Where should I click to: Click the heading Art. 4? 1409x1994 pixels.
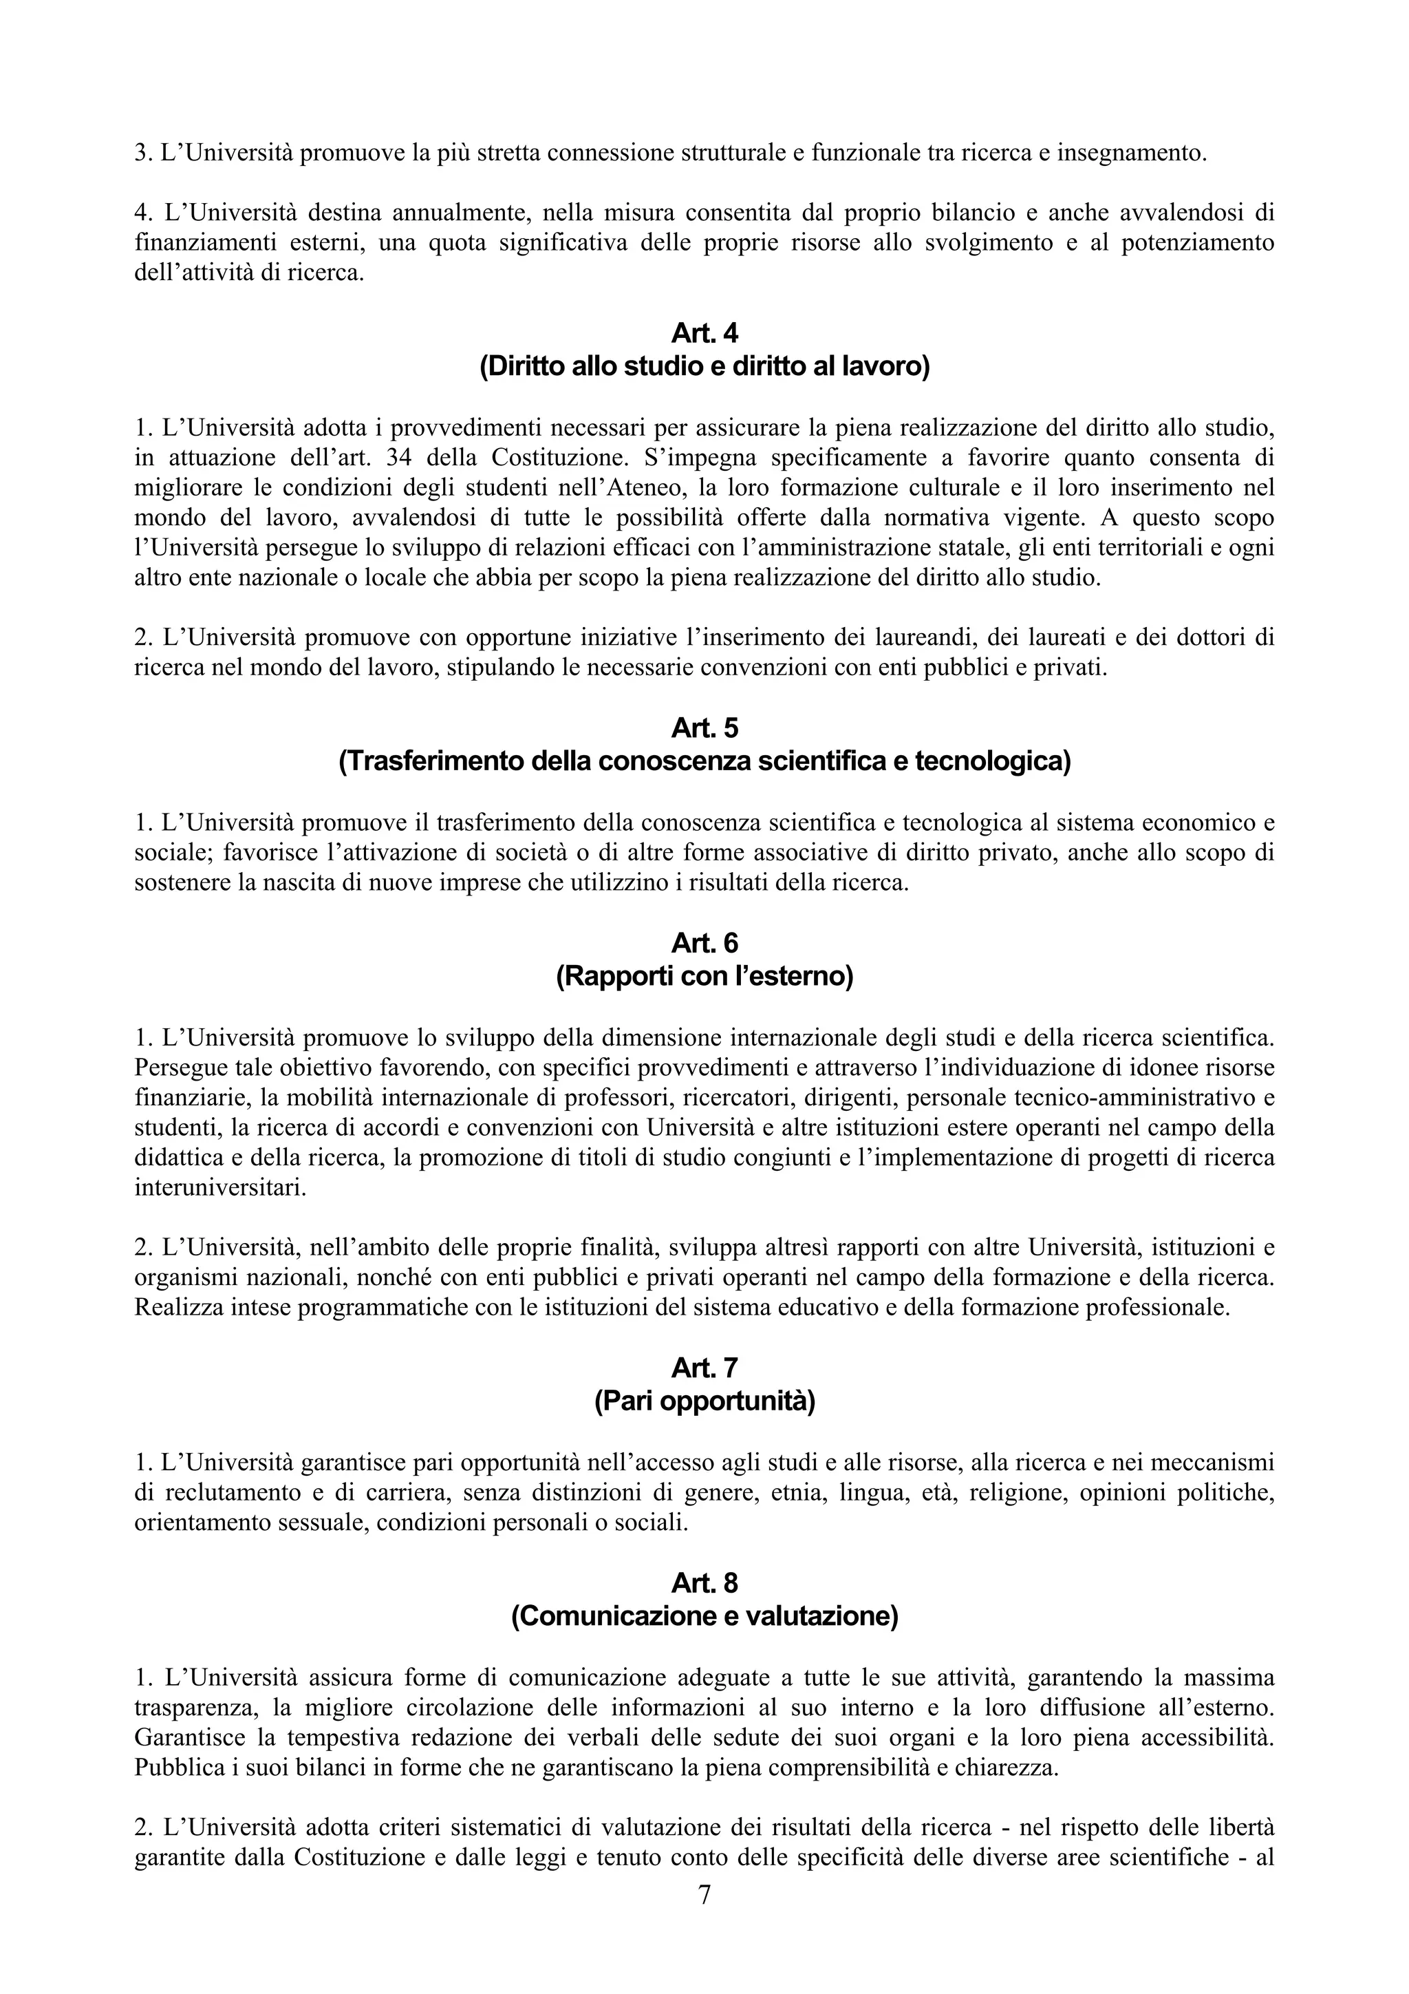tap(704, 332)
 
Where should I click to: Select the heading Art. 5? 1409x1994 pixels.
tap(704, 727)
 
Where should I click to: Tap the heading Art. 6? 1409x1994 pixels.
tap(704, 942)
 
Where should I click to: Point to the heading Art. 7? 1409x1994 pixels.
tap(704, 1368)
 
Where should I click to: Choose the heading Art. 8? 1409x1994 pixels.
tap(704, 1583)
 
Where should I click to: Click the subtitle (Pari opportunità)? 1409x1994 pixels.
tap(704, 1401)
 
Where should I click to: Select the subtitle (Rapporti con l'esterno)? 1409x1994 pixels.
tap(704, 977)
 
